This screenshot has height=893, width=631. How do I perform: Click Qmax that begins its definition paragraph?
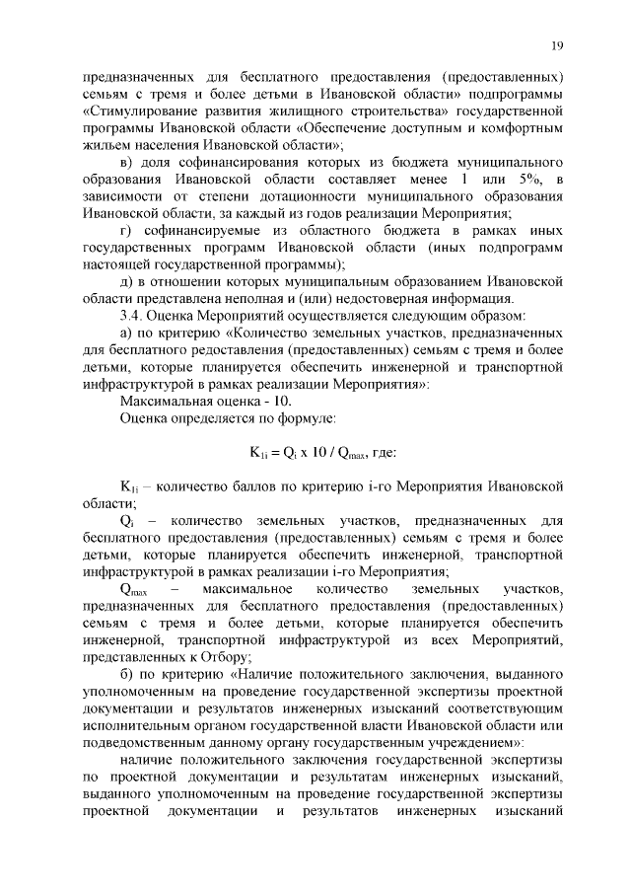[133, 589]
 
